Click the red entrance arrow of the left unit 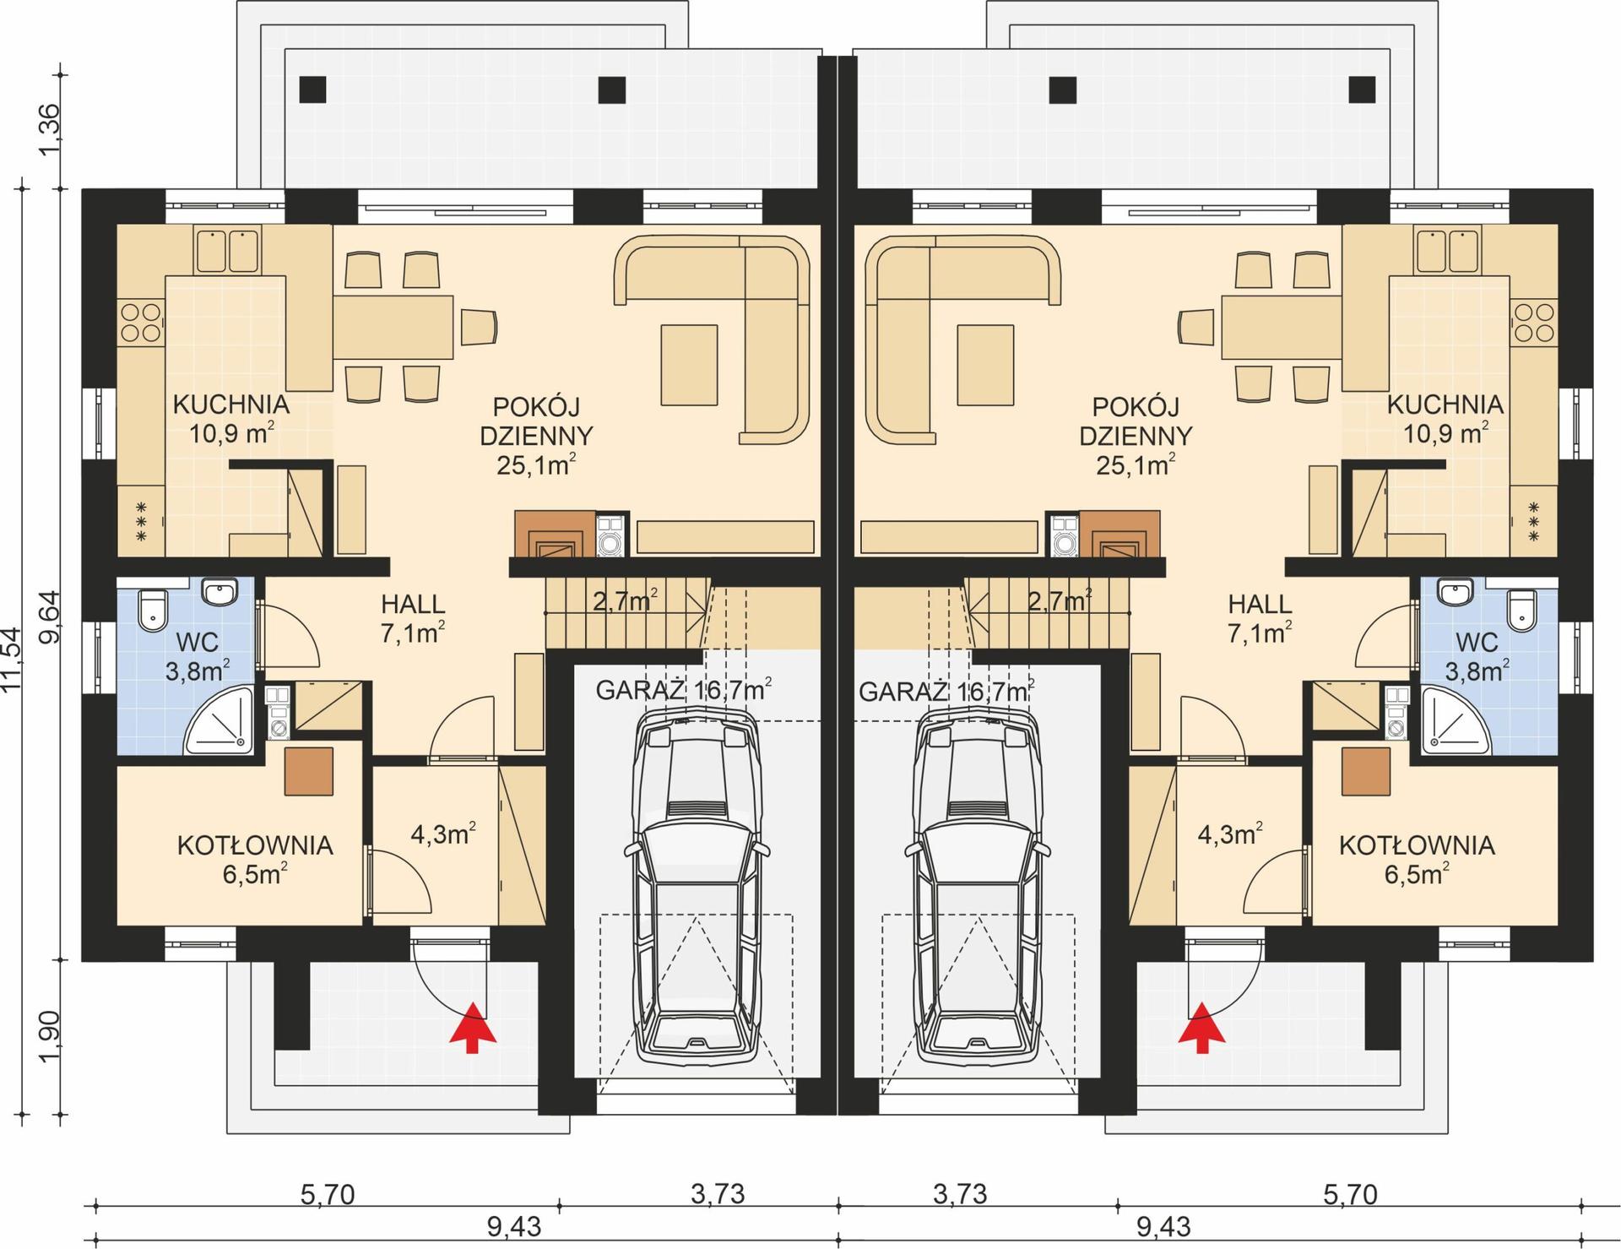tap(472, 1028)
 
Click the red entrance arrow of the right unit tap(1201, 1028)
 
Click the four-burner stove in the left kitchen tap(141, 323)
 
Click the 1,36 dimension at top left tap(51, 128)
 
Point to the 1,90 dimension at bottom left tap(51, 1038)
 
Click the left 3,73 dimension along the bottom tap(718, 1193)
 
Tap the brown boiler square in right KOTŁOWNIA tap(1365, 771)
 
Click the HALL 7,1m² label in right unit tap(1260, 618)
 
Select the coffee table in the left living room tap(689, 366)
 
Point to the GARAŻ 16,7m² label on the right tap(946, 691)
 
